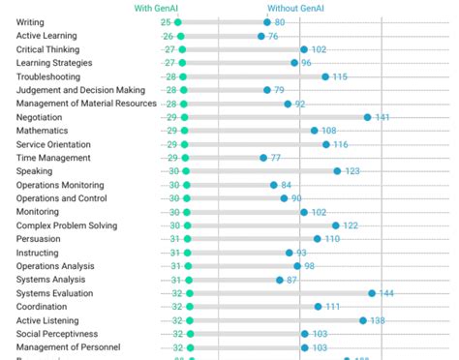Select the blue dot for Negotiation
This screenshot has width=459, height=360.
pos(367,117)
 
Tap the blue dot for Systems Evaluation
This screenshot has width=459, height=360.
pos(372,293)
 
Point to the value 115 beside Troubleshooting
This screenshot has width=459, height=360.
pos(340,76)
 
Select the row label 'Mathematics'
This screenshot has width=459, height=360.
pos(43,131)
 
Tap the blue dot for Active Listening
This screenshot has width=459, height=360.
pos(363,320)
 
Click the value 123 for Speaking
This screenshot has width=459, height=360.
pos(352,171)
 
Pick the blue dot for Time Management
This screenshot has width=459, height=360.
pos(263,158)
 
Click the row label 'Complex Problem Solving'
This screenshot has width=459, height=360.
pos(66,225)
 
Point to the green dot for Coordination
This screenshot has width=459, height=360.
pos(190,307)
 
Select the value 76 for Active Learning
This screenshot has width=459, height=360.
pos(273,36)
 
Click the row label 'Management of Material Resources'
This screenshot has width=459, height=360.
pos(86,104)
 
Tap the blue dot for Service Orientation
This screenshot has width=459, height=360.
pos(326,144)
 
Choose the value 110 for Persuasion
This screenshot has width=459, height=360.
pos(332,239)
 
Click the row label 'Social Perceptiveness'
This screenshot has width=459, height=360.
pos(61,334)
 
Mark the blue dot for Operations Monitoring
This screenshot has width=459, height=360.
pos(274,185)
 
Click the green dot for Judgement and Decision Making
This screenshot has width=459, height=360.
pos(182,90)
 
